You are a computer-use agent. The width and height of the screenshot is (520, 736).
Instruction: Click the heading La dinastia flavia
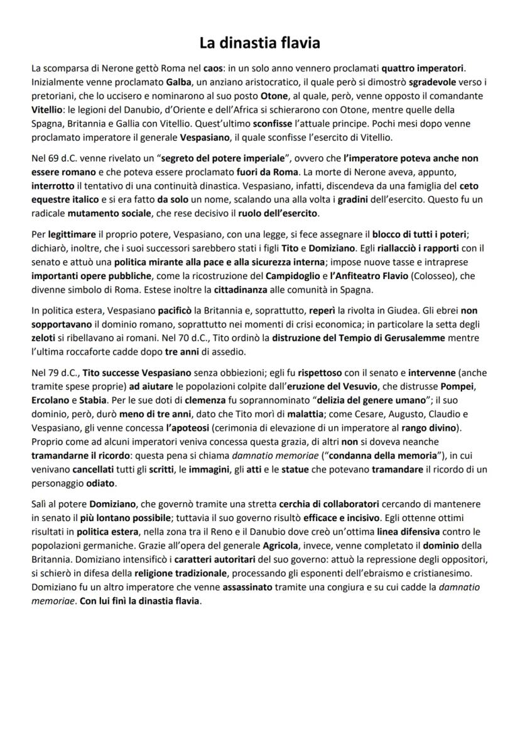pos(260,43)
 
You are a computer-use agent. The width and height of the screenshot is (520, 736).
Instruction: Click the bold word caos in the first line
pos(214,68)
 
